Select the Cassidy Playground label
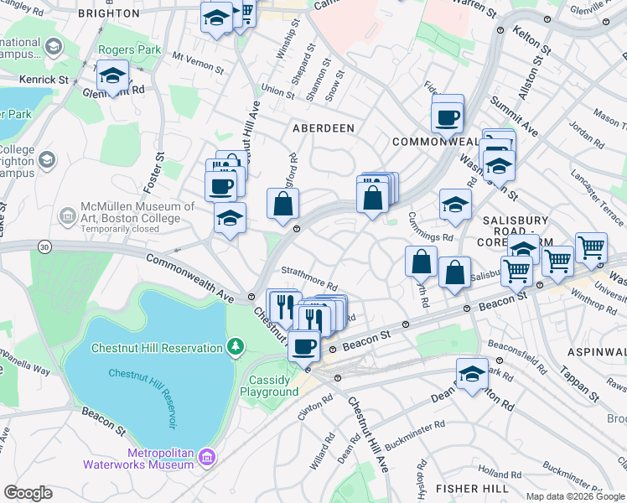point(269,386)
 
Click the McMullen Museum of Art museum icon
point(66,217)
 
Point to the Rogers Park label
point(129,50)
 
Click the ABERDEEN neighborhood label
point(323,128)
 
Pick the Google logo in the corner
point(28,493)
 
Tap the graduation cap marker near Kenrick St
point(111,76)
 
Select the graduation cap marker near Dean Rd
point(472,375)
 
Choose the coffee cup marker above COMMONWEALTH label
point(448,115)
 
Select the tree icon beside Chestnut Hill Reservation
point(236,345)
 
